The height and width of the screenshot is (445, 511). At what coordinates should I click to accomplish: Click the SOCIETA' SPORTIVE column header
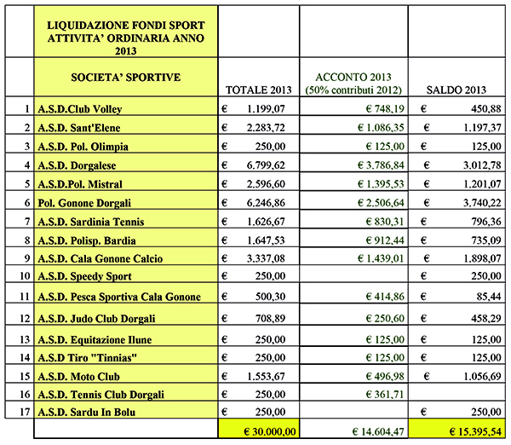pos(124,78)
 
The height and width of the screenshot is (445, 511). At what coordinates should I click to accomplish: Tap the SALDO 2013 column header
pos(456,90)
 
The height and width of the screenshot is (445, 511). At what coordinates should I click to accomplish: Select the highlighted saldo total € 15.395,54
pos(457,432)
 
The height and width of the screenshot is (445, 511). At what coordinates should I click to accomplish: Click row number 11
pos(25,297)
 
